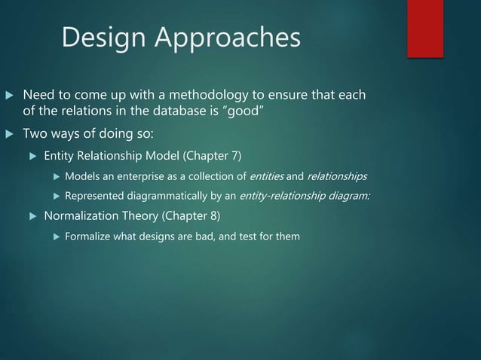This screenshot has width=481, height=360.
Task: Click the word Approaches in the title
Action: coord(225,38)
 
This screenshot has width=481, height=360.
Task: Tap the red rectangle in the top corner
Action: coord(425,28)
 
